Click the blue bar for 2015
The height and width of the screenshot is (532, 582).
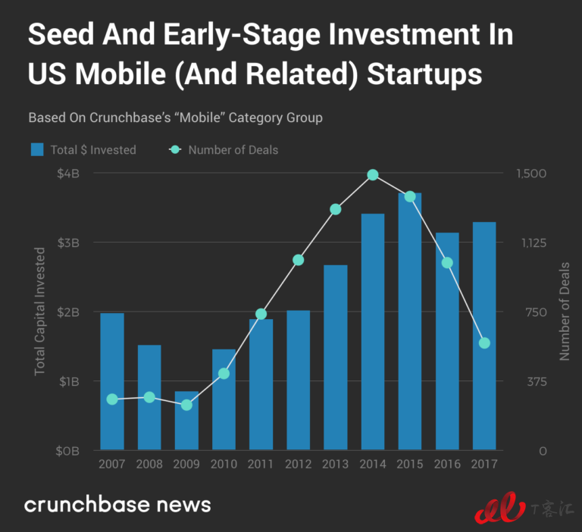pyautogui.click(x=409, y=321)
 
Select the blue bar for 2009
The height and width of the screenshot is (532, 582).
pyautogui.click(x=186, y=421)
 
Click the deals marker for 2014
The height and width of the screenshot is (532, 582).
pyautogui.click(x=373, y=175)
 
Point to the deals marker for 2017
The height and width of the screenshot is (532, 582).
pyautogui.click(x=484, y=343)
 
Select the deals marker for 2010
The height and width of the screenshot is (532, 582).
pyautogui.click(x=224, y=374)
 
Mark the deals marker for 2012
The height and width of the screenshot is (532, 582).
pyautogui.click(x=298, y=260)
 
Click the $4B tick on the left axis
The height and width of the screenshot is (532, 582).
pyautogui.click(x=67, y=173)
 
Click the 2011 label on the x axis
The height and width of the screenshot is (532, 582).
pyautogui.click(x=261, y=464)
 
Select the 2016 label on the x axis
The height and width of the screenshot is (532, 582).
pyautogui.click(x=446, y=464)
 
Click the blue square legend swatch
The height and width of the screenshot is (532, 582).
pyautogui.click(x=37, y=149)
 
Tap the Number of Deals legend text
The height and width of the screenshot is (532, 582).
pyautogui.click(x=233, y=150)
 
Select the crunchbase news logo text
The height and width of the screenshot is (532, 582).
pyautogui.click(x=117, y=505)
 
